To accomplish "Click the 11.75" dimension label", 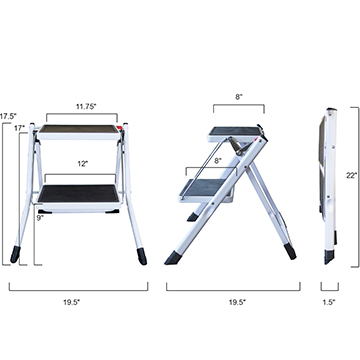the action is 86,107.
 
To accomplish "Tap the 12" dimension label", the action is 82,164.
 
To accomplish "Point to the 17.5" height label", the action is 8,116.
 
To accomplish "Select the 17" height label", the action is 20,128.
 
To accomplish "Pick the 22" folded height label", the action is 351,175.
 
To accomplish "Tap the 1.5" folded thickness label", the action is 329,302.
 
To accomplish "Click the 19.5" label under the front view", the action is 72,302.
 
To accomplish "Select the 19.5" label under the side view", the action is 237,302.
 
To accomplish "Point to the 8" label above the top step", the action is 239,97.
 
